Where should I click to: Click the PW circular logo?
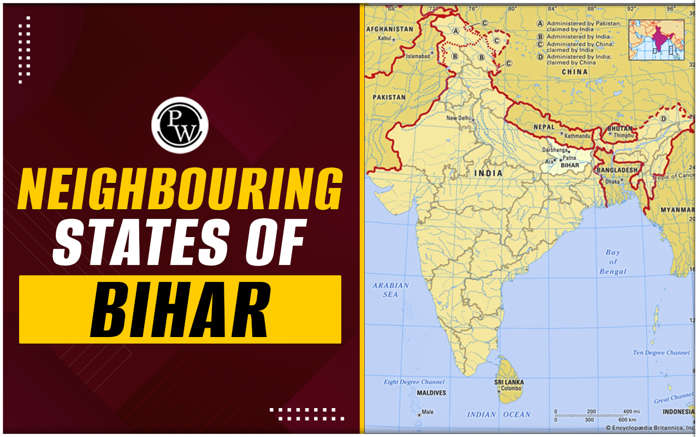click(180, 125)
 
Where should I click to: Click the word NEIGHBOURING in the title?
click(180, 190)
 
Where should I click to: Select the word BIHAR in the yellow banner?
click(180, 309)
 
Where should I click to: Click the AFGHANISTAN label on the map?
click(389, 29)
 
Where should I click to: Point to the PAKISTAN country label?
click(389, 97)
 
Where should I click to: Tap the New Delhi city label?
click(459, 118)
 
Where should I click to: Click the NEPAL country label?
click(543, 127)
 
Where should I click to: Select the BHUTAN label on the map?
click(620, 128)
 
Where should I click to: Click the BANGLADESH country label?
click(617, 170)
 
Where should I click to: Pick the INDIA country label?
click(488, 173)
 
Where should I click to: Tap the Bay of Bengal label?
click(613, 262)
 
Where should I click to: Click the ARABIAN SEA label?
click(390, 290)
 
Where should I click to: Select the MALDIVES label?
click(431, 393)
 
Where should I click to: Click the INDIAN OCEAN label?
click(499, 415)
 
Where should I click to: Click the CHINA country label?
click(574, 72)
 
